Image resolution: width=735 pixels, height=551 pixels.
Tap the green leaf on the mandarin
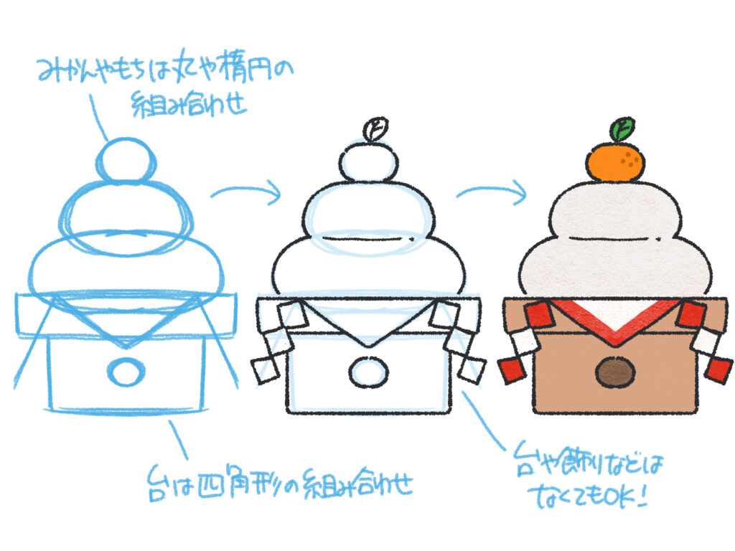pos(622,129)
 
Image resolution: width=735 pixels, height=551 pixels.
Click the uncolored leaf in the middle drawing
pos(375,129)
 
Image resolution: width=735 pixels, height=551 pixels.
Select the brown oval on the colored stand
pos(615,373)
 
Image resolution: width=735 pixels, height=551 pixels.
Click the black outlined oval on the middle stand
pos(368,372)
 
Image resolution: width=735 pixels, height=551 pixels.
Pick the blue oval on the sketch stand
pos(126,372)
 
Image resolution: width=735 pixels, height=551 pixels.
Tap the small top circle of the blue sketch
pos(126,161)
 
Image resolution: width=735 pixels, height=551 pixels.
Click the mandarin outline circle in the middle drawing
pos(368,161)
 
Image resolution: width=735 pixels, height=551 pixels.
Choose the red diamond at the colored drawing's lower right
pos(718,370)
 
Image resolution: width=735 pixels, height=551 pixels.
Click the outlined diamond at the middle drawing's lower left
pos(265,371)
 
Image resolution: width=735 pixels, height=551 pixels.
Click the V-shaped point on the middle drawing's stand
pos(369,346)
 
